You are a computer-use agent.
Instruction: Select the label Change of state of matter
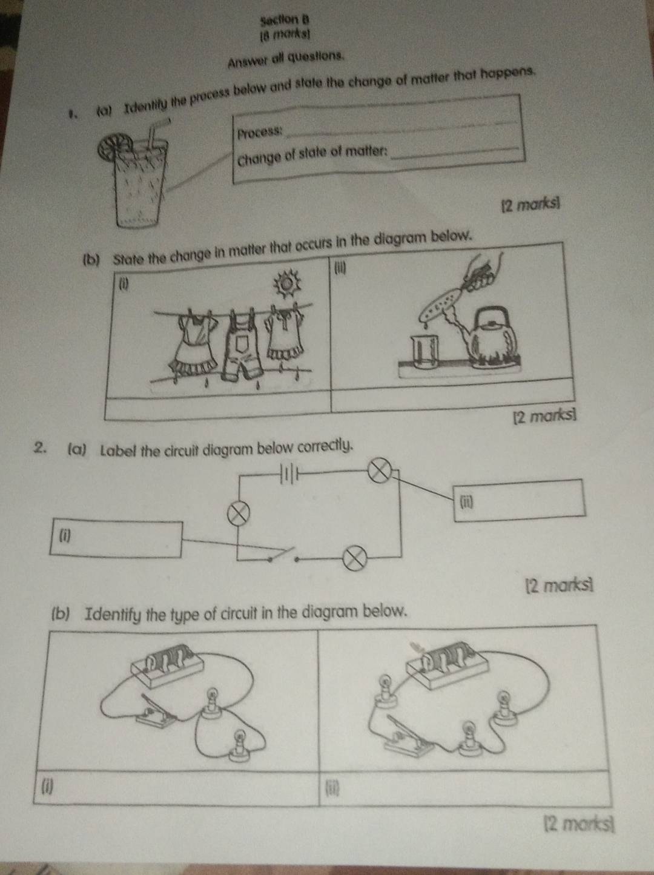click(x=312, y=154)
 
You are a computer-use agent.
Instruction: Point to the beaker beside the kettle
click(x=426, y=353)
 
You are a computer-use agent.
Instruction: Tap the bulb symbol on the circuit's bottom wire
click(x=356, y=556)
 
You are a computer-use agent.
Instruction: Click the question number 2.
click(x=42, y=449)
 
